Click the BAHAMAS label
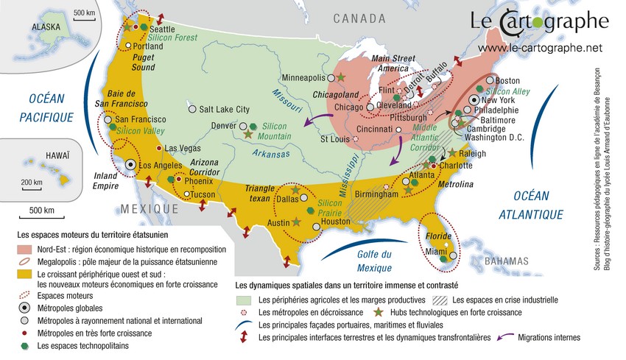[506, 261]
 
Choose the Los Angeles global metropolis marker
[131, 165]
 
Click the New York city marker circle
[476, 99]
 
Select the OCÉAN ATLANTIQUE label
[534, 205]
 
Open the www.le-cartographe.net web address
[540, 49]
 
